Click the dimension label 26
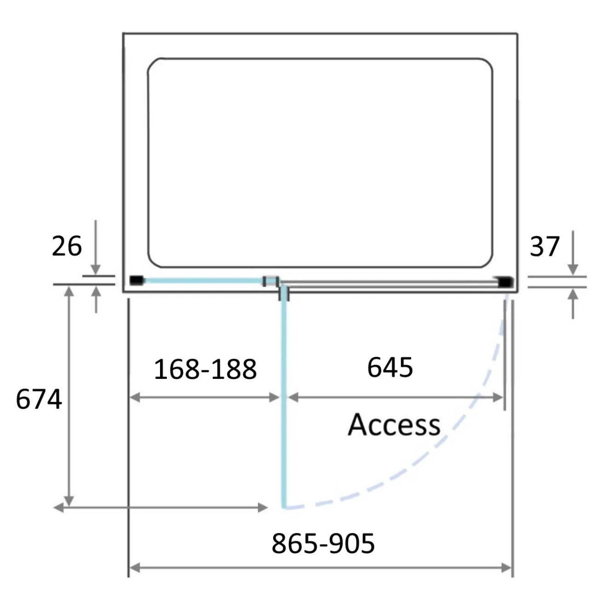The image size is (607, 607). (67, 246)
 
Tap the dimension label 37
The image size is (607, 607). (544, 246)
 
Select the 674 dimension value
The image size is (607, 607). (39, 400)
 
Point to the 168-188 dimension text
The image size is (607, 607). (205, 369)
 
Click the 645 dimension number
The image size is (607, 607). (390, 367)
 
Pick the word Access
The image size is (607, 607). (395, 424)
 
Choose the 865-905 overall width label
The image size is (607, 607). (323, 544)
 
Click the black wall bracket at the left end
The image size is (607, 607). (137, 280)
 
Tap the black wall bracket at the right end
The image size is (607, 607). (505, 281)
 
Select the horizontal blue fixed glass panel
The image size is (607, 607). (204, 281)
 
